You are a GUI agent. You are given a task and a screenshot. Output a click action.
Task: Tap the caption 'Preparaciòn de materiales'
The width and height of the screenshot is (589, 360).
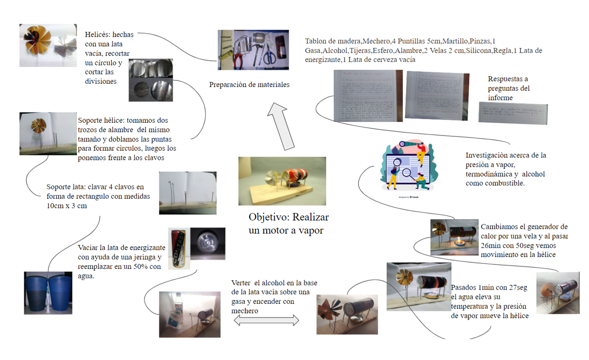click(x=249, y=85)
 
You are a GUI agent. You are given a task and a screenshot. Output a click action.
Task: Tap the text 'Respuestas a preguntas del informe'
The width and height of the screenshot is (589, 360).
click(x=509, y=88)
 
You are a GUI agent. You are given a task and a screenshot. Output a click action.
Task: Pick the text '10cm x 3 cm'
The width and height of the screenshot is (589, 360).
click(x=67, y=206)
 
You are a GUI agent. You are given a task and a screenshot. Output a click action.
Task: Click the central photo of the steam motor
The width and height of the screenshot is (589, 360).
click(x=282, y=181)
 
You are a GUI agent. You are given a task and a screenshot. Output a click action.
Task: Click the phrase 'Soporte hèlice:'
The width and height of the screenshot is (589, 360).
click(x=101, y=120)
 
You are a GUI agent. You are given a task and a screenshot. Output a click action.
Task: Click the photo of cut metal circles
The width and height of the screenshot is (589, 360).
click(x=151, y=80)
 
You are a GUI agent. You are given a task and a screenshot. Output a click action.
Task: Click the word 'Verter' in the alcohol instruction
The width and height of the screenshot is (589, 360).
click(x=241, y=283)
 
